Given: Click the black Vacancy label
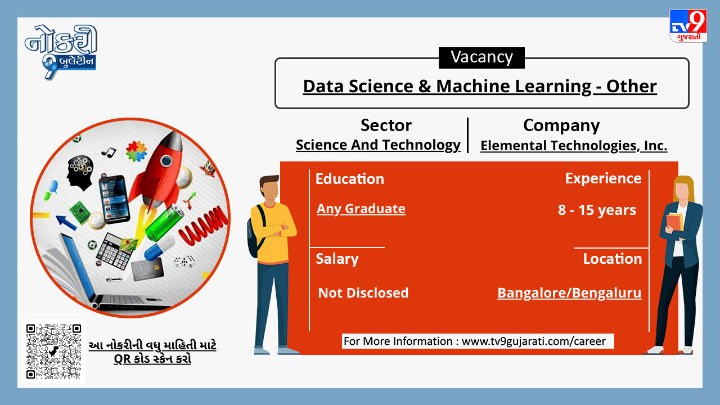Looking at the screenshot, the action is click(x=481, y=58).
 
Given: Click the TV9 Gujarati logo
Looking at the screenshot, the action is click(x=688, y=26).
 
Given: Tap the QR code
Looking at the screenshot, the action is click(x=53, y=352).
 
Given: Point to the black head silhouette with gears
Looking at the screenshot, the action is click(x=80, y=173).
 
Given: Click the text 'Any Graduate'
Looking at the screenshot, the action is click(x=361, y=209).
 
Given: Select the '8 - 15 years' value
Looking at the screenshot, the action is click(x=597, y=210).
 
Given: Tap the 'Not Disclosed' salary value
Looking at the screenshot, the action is click(x=363, y=293).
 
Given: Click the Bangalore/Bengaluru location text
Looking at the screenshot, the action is click(x=569, y=293).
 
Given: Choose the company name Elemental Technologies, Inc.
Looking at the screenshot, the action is click(x=574, y=146).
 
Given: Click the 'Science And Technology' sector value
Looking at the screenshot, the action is click(x=378, y=145).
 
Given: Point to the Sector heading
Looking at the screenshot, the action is click(x=386, y=125).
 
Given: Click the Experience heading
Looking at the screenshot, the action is click(x=604, y=179).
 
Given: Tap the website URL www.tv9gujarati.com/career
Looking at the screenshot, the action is click(x=534, y=341).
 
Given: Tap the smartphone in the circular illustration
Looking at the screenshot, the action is click(x=114, y=199).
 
